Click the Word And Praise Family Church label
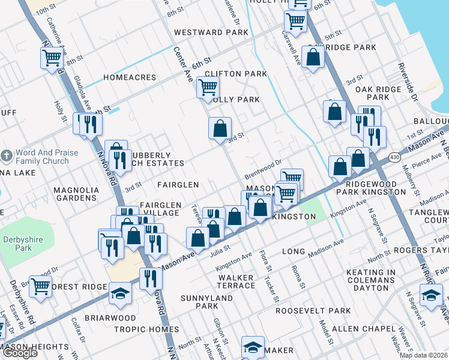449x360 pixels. point(47,157)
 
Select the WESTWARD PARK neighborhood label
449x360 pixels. point(202,32)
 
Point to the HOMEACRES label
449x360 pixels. point(130,77)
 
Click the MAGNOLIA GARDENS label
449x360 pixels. point(76,194)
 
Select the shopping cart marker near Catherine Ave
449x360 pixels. point(52,58)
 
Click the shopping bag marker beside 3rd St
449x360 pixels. point(220,127)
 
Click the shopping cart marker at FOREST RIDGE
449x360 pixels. point(40,286)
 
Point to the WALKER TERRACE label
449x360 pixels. point(237,281)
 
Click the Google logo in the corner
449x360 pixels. point(20,353)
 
